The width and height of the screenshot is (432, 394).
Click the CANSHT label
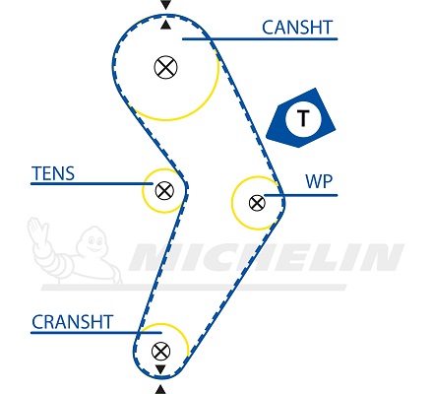[297, 28]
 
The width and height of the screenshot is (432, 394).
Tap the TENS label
[53, 173]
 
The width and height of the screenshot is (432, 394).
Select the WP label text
[319, 181]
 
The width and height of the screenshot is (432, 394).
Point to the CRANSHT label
[72, 322]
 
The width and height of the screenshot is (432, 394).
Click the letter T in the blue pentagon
[303, 118]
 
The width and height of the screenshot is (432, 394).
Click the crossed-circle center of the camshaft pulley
[165, 67]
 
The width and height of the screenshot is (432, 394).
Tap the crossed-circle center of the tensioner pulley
[164, 190]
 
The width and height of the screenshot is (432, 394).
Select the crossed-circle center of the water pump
[257, 203]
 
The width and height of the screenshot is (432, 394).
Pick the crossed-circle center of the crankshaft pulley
[160, 351]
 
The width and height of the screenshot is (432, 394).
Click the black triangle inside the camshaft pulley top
[166, 25]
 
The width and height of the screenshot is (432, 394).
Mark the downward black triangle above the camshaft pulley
[166, 4]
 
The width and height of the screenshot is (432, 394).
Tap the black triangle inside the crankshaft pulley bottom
[160, 369]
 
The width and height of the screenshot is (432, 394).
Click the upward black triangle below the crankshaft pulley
[160, 390]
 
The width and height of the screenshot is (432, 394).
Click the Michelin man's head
[93, 240]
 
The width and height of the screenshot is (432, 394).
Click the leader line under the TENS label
[92, 183]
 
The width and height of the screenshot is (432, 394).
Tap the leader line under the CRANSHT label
[96, 333]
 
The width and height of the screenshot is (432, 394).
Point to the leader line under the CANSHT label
[260, 38]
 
